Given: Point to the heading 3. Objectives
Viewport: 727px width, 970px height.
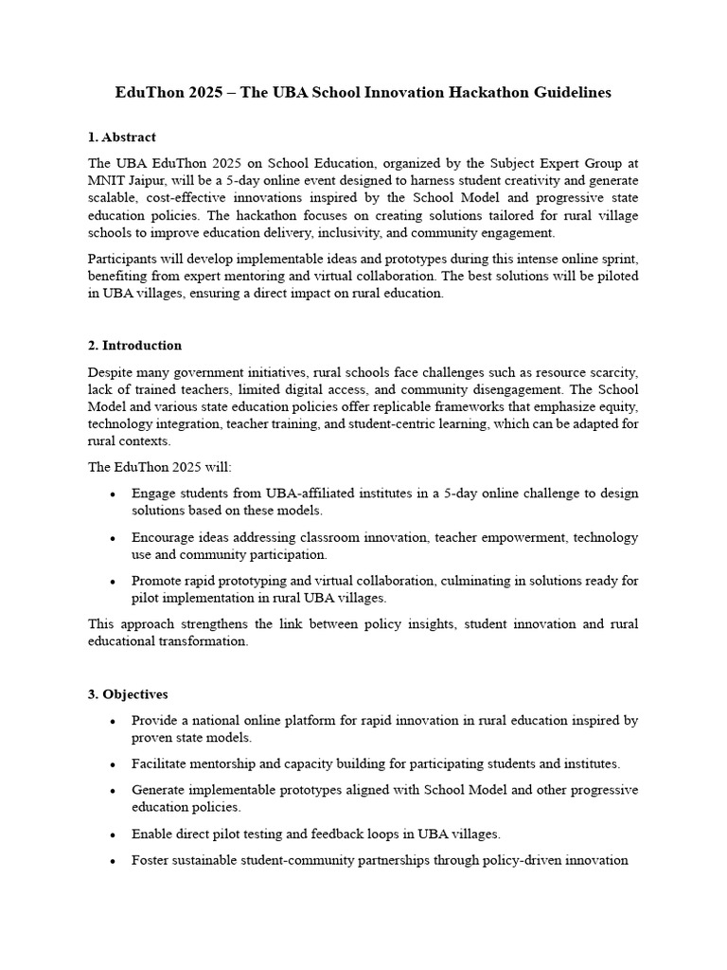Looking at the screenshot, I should click(128, 694).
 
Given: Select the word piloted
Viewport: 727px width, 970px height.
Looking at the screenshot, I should click(614, 275).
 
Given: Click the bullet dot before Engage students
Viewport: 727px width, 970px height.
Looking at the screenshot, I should click(113, 494).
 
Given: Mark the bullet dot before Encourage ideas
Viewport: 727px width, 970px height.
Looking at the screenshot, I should click(113, 538).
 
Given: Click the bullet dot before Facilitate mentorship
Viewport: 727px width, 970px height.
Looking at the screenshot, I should click(113, 764).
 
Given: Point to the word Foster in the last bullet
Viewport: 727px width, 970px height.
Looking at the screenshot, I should click(151, 860).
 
